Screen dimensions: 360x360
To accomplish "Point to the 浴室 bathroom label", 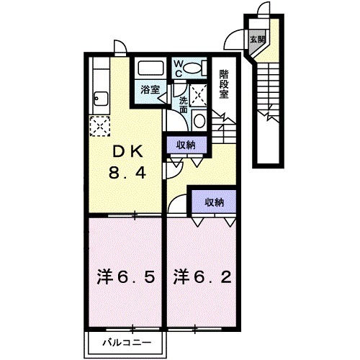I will coord(150,92).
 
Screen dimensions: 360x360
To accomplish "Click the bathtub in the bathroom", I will coord(150,70).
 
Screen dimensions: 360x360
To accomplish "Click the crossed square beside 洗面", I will coord(201,91).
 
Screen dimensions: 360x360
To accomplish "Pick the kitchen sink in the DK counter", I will coord(100,98).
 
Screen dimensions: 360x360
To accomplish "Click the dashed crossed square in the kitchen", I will coord(99,127).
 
